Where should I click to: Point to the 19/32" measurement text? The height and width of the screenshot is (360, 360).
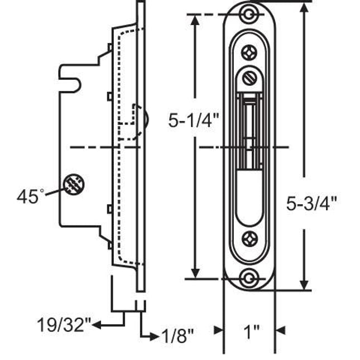(x=63, y=324)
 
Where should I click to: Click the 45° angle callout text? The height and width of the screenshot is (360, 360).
(x=30, y=196)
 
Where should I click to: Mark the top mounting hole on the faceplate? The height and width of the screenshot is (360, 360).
(x=250, y=13)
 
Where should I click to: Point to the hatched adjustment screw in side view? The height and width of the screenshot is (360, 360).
(x=73, y=184)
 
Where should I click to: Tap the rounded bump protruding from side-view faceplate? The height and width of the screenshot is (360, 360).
(x=145, y=118)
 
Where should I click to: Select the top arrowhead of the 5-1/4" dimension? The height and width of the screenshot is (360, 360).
(x=195, y=18)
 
